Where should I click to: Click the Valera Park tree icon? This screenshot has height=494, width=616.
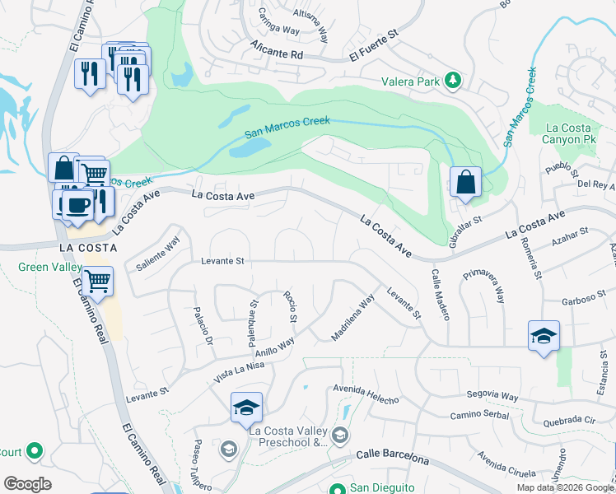coord(452,81)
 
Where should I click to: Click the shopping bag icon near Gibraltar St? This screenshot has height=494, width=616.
coord(466,182)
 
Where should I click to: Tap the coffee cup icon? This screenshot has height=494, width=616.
coord(78,204)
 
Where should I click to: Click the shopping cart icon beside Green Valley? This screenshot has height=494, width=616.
coord(97,281)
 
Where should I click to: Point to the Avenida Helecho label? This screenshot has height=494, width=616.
coord(366,391)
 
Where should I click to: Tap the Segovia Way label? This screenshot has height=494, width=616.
coord(492,397)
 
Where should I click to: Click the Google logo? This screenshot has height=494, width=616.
coord(27,484)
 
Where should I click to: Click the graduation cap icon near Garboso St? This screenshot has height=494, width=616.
coord(544,335)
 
